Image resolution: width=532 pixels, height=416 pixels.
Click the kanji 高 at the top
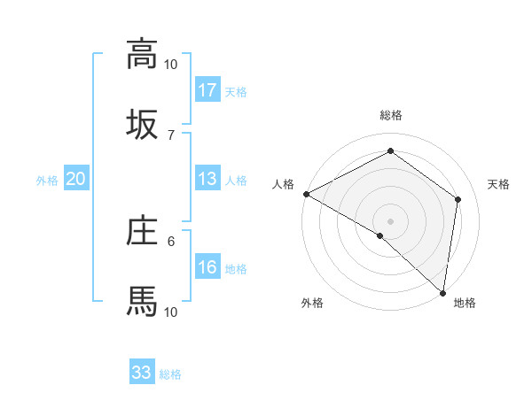tap(142, 54)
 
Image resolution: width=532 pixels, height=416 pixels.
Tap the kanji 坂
tap(142, 124)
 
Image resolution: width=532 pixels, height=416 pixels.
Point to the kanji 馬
tap(142, 301)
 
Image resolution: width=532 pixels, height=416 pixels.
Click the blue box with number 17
tap(207, 90)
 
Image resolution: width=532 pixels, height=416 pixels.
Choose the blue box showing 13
tap(207, 180)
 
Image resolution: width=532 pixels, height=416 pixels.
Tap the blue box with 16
tap(207, 268)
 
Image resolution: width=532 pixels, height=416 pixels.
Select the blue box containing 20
tap(76, 180)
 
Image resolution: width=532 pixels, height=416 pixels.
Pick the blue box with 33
tap(142, 373)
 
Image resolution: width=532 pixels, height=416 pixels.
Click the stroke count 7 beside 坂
tap(171, 135)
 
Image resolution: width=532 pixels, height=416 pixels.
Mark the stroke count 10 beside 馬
tap(171, 312)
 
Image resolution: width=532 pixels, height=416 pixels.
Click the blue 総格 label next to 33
tap(171, 374)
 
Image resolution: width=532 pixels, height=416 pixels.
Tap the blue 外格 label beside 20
tap(47, 181)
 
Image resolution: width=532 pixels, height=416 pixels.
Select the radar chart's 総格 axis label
tap(391, 115)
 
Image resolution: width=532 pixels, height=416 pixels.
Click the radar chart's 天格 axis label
tap(499, 184)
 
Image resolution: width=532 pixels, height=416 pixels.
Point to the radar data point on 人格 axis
tap(306, 194)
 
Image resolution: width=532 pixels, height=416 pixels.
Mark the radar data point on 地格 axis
tap(442, 292)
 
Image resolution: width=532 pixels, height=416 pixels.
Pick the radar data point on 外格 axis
tap(380, 235)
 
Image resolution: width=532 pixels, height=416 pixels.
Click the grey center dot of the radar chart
tap(391, 220)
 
